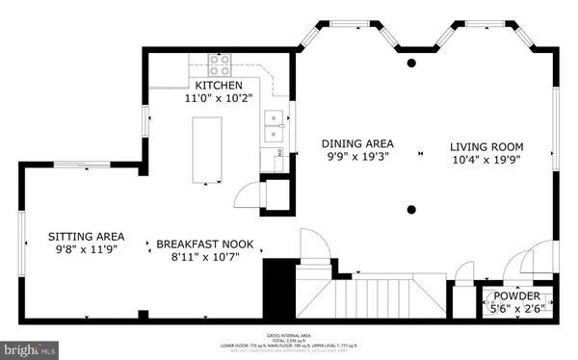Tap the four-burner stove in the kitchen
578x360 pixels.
(220, 64)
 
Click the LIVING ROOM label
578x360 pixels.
(486, 147)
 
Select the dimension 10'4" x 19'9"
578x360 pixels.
(486, 161)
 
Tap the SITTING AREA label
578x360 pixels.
(87, 235)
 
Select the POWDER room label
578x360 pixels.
(517, 296)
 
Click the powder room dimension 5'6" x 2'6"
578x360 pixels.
(517, 309)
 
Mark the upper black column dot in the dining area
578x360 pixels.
(411, 64)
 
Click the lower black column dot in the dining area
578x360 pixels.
(411, 209)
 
